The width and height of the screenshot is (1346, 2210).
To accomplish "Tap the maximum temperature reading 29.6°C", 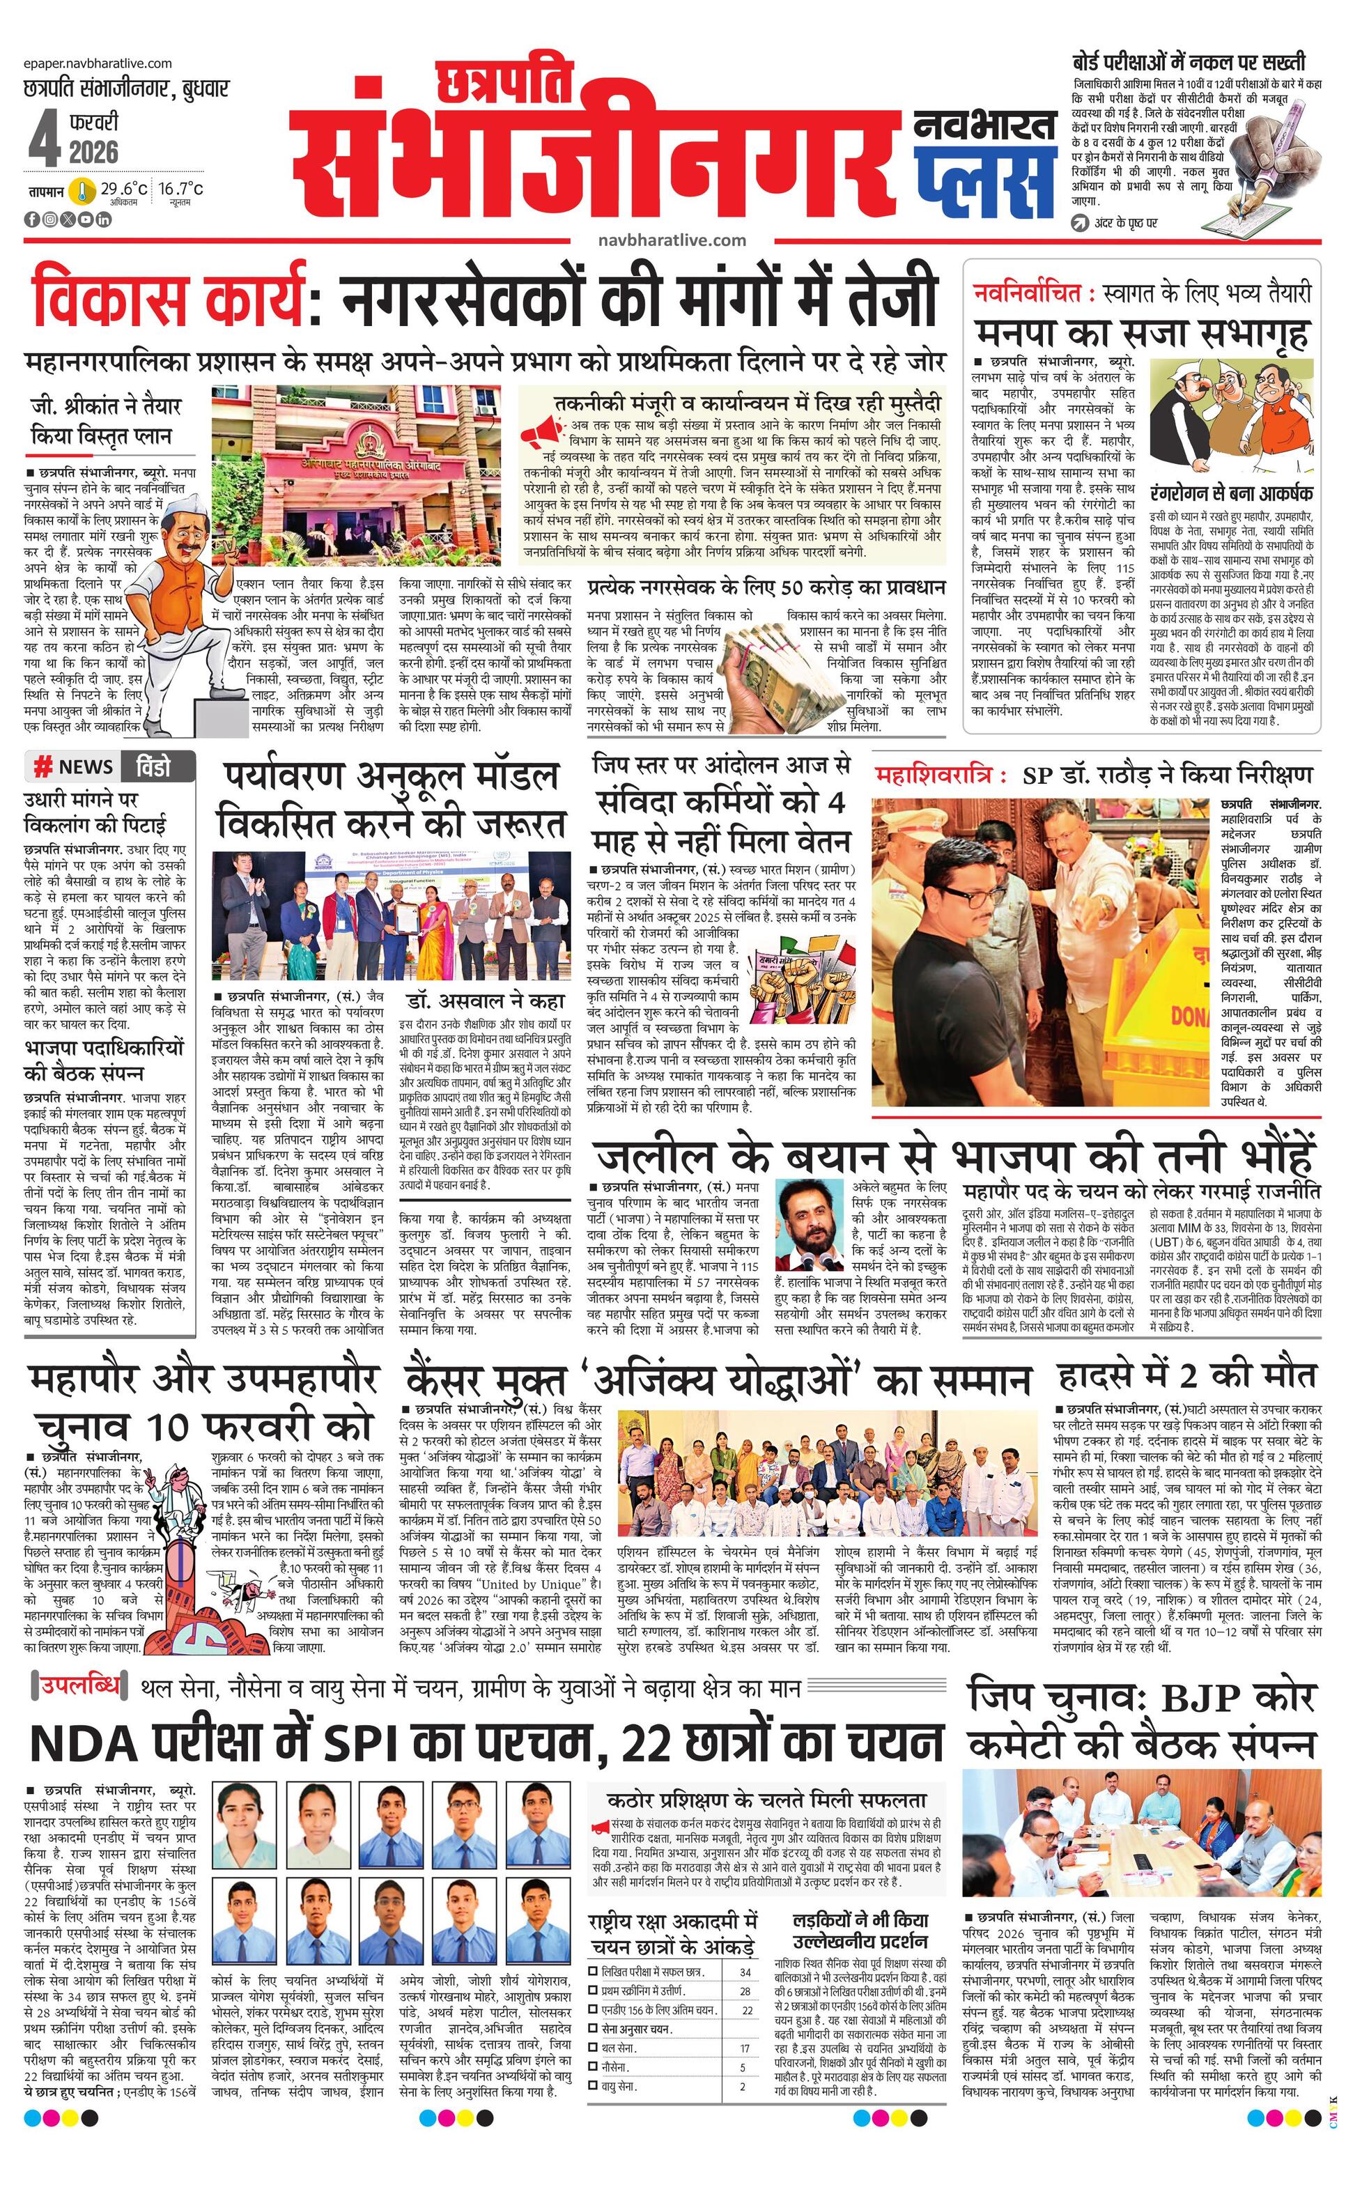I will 124,190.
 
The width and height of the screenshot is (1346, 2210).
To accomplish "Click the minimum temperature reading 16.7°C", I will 181,190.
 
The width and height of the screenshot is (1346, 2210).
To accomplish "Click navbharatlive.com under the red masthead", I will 672,240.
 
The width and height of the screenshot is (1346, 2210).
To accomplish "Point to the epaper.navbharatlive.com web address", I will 99,63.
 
